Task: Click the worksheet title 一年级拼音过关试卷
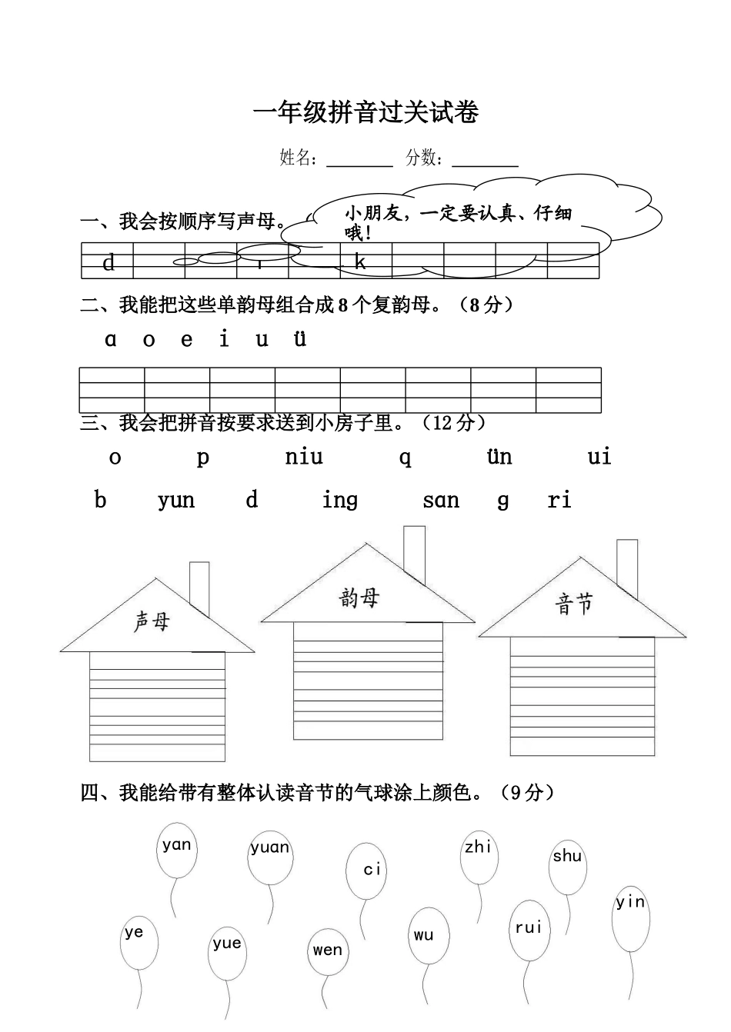coord(365,113)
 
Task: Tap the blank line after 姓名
coord(359,161)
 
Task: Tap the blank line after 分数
coord(485,161)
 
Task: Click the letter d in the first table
coord(108,263)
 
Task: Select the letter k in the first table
coord(360,262)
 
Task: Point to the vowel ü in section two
coord(300,338)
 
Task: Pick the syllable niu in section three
coord(304,457)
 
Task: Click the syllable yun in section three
coord(176,501)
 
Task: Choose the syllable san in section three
coord(441,501)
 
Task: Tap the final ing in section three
coord(340,501)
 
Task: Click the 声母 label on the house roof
coord(152,621)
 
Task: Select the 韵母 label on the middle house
coord(359,598)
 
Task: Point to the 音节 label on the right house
coord(574,604)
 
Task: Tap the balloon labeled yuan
coord(270,855)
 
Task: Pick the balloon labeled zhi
coord(478,855)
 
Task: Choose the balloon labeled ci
coord(366,871)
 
